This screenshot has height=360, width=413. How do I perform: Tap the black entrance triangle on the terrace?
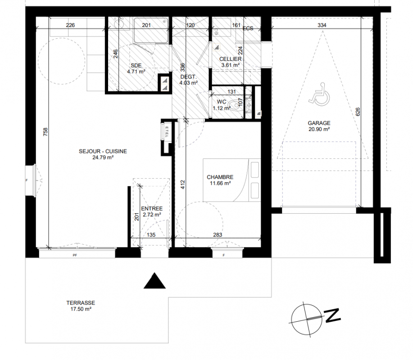pos(154,281)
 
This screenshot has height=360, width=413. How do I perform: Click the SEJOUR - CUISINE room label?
pos(103,151)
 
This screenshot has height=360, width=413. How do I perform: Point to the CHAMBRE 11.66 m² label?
pos(220,180)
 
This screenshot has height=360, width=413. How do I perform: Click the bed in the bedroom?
pos(232,180)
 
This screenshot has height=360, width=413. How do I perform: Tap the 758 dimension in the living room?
pos(45,131)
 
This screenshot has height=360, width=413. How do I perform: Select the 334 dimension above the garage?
pos(322,25)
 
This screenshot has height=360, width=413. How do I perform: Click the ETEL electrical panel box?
pos(167,130)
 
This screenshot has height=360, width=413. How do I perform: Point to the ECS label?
pos(248,28)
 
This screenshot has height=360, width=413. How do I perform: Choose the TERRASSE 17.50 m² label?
pos(81,306)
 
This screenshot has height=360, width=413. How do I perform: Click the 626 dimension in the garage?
pos(358,112)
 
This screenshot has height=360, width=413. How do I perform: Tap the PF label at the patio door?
pos(75,255)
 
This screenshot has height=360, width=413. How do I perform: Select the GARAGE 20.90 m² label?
pos(319,126)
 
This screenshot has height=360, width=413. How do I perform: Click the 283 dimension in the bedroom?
pos(218,235)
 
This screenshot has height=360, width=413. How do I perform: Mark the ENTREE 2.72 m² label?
pos(152,211)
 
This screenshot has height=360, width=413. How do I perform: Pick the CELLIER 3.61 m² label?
pos(231,62)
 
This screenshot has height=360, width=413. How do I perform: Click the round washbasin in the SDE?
pos(119,24)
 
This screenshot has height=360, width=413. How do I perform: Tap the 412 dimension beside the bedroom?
pos(183,184)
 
